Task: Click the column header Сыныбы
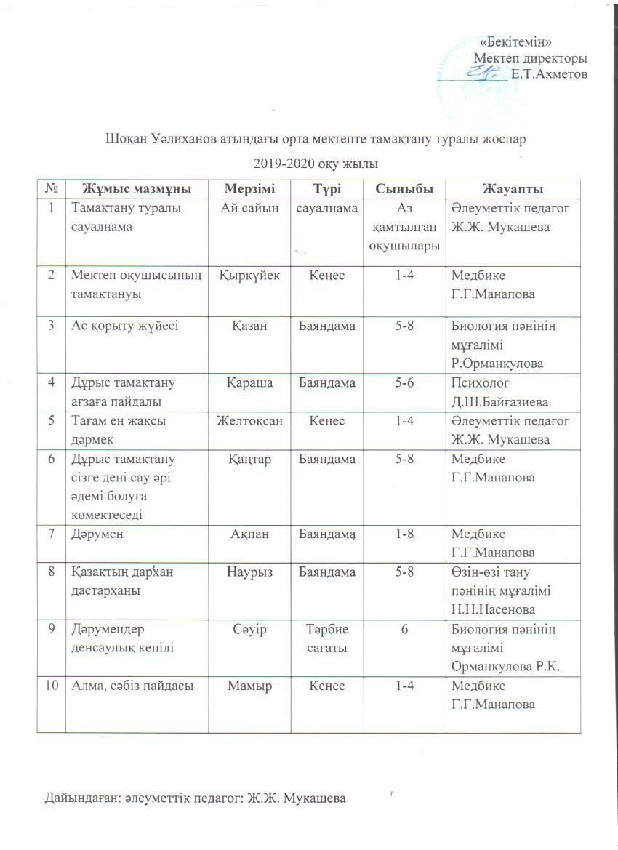[x=404, y=189]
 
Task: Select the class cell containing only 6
[x=404, y=629]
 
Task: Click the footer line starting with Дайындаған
[x=194, y=799]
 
